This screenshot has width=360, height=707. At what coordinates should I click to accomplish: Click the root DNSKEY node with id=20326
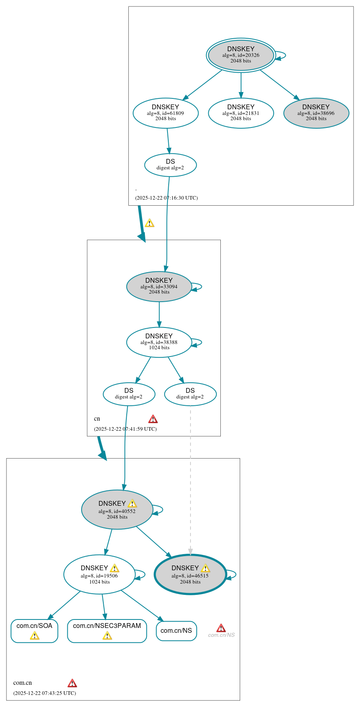coord(241,55)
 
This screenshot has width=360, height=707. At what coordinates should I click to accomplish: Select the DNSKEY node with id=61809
coord(165,113)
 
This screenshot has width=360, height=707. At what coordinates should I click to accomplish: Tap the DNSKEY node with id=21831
coord(241,113)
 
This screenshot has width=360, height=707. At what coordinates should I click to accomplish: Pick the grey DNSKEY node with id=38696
coord(316,113)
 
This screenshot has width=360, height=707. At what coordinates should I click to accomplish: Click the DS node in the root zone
coord(170,165)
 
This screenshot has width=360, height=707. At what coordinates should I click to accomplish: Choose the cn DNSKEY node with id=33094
coord(159,286)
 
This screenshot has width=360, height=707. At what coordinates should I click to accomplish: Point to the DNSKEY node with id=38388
coord(159,342)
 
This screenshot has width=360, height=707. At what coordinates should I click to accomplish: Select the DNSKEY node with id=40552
coord(117,510)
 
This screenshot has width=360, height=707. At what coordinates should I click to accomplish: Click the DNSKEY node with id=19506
coord(99,574)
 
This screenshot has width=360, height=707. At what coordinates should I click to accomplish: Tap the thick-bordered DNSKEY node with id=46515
coord(190,574)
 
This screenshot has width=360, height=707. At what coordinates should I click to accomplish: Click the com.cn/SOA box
coord(34,630)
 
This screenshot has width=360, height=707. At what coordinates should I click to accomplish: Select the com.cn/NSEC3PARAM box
coord(107,630)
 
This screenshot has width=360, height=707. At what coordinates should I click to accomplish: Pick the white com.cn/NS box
coord(176,631)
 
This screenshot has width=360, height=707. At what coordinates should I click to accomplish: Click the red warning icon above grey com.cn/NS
coord(221,628)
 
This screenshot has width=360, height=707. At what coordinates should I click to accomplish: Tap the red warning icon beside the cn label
coord(153,419)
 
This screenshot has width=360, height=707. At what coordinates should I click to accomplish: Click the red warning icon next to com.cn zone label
coord(72,683)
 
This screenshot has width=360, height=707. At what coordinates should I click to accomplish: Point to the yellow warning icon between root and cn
coord(149,223)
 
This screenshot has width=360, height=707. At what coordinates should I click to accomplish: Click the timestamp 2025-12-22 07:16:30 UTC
coord(166,198)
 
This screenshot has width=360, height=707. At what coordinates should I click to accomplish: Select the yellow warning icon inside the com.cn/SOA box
coord(35,636)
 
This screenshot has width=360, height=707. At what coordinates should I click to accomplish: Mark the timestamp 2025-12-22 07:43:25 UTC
coord(44,693)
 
